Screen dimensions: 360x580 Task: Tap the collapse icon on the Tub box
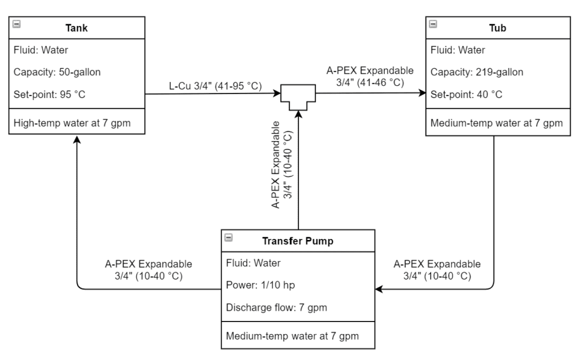click(433, 24)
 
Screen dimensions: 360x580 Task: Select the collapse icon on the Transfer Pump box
click(228, 237)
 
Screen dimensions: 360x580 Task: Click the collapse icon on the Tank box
click(16, 24)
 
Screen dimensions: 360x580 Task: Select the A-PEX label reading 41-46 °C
click(370, 76)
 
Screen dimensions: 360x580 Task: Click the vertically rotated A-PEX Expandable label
click(282, 164)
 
